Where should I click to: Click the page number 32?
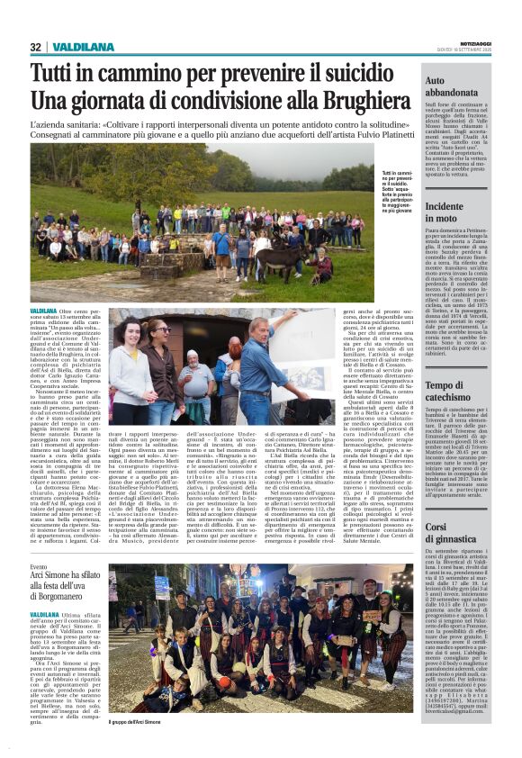coord(36,47)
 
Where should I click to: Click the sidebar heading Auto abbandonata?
coord(451,86)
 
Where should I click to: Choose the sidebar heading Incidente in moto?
coord(445,212)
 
